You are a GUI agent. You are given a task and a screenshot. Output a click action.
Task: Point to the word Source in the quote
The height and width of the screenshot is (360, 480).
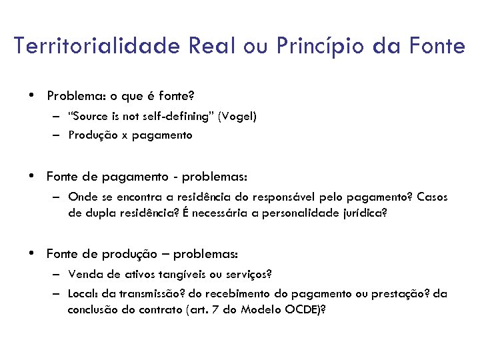(x=91, y=116)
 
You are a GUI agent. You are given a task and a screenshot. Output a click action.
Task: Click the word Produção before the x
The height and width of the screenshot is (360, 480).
(x=91, y=135)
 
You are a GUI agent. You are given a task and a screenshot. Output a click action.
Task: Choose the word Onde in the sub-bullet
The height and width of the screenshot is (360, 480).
(x=81, y=197)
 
